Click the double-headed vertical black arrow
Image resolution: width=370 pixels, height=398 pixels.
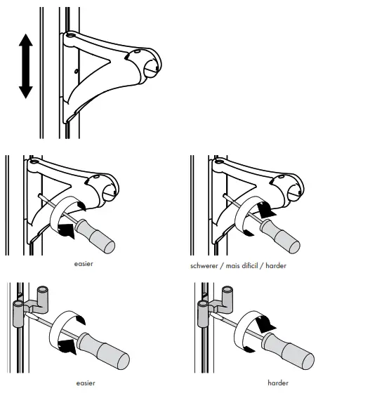(x=26, y=67)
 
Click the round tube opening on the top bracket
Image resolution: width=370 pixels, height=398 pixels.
(x=151, y=68)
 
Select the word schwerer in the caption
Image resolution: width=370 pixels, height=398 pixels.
(x=204, y=266)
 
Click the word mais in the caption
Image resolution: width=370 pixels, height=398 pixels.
(x=232, y=266)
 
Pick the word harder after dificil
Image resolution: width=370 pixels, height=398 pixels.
(x=277, y=266)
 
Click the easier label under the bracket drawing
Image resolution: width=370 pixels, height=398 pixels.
(x=84, y=265)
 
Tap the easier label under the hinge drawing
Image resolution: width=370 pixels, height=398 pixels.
(x=86, y=383)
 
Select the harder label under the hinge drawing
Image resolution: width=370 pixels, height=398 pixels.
(x=277, y=383)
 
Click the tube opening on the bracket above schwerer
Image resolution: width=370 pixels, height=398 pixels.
(x=294, y=188)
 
